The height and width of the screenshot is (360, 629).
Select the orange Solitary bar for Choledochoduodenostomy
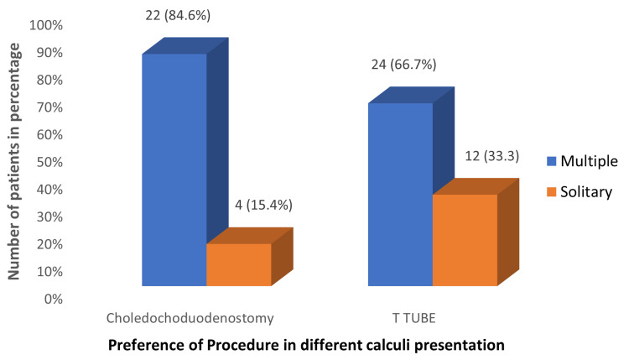point(238,264)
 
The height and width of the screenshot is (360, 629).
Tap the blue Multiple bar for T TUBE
point(400,194)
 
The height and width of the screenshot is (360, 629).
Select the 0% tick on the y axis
point(52,299)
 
